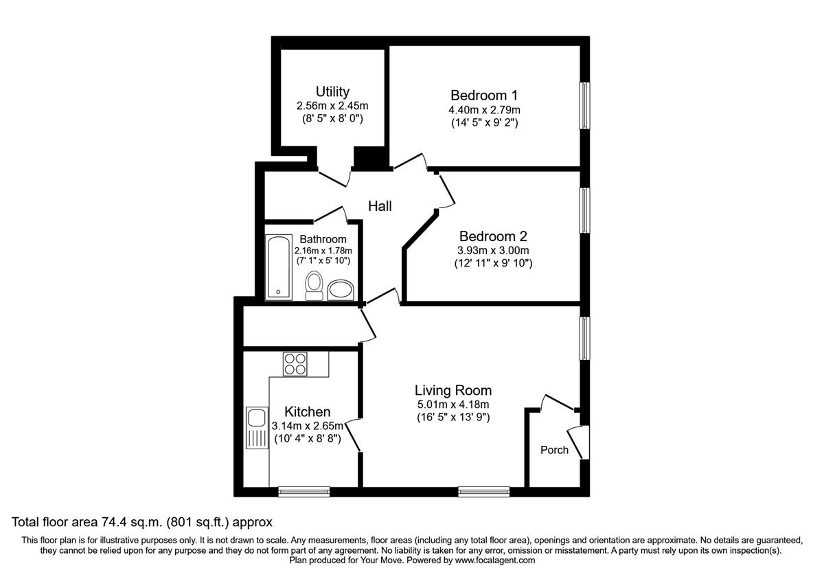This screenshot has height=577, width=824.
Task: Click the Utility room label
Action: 332,91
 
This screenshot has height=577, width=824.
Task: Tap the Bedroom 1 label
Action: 483,95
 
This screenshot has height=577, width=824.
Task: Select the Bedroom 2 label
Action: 493,236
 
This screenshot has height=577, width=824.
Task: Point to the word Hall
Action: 380,205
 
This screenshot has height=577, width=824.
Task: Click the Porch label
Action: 554,450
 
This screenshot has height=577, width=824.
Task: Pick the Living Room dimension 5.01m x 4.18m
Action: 453,405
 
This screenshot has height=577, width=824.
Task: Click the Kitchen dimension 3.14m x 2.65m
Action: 308,426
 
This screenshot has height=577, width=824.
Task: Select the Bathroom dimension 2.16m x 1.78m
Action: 323,251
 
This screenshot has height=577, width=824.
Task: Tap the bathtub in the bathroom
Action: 278,268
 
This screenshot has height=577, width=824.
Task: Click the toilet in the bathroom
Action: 314,284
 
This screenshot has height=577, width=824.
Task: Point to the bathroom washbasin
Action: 340,289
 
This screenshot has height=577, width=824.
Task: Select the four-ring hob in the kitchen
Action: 295,363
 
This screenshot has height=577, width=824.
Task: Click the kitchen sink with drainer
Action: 257,428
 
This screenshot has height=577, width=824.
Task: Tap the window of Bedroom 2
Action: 584,210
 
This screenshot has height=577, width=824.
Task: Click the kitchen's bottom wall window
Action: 304,491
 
